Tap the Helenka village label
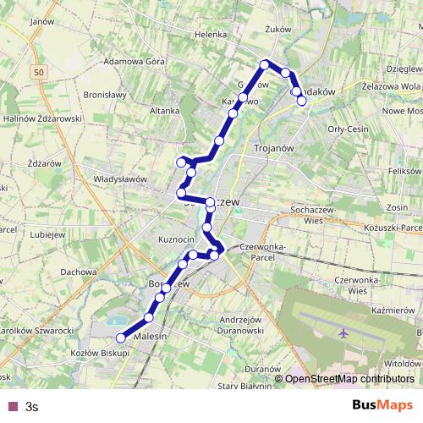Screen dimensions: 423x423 pyautogui.click(x=211, y=35)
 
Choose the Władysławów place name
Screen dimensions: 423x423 pyautogui.click(x=120, y=179)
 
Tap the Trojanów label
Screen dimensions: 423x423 pyautogui.click(x=274, y=147)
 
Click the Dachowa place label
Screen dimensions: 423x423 pyautogui.click(x=78, y=272)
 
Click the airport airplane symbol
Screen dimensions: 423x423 pyautogui.click(x=343, y=332)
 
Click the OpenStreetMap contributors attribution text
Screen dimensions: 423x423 pyautogui.click(x=349, y=379)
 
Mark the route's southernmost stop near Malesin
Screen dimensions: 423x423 pyautogui.click(x=120, y=338)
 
